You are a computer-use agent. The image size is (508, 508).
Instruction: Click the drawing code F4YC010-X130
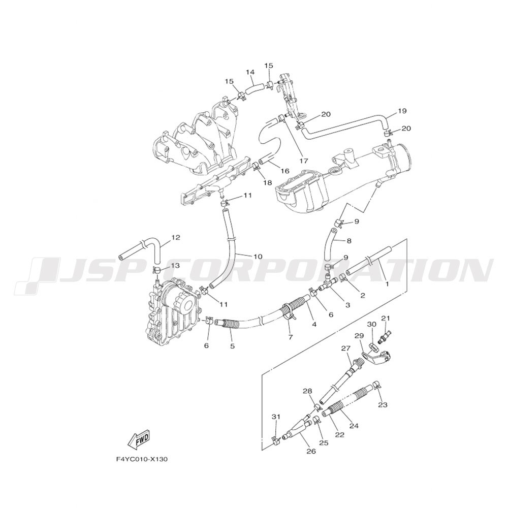142,459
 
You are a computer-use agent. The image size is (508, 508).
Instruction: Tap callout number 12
175,237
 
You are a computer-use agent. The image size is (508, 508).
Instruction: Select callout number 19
402,111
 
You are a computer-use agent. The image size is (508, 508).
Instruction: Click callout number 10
258,257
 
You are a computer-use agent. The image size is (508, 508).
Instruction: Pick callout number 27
345,348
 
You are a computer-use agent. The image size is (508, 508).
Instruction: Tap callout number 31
276,417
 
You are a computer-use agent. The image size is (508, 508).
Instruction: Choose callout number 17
304,161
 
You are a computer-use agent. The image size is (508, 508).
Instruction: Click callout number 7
290,337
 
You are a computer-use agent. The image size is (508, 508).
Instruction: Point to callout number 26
311,451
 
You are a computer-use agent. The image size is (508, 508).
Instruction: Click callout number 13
175,266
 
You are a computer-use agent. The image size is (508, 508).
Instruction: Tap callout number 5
232,346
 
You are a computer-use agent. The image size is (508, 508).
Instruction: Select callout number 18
268,183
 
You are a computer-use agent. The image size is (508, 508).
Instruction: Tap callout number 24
354,425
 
